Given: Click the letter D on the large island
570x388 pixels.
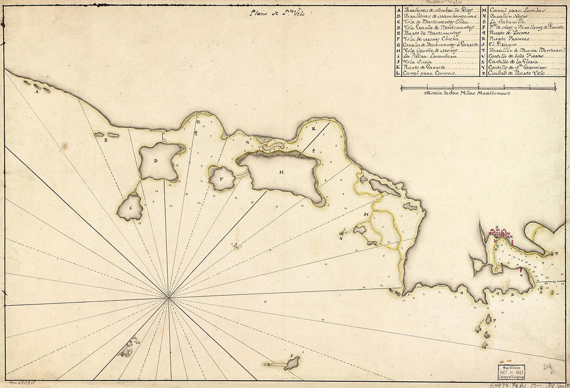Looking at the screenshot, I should tap(155, 160).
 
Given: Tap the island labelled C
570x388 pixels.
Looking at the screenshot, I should tap(130, 208).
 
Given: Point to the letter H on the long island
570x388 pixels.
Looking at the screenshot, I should tap(281, 172).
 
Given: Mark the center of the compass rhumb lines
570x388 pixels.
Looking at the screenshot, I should tap(168, 297).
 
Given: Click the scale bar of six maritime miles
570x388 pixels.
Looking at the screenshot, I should tap(478, 88).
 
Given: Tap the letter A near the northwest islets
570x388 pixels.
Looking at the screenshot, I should tap(37, 92).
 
